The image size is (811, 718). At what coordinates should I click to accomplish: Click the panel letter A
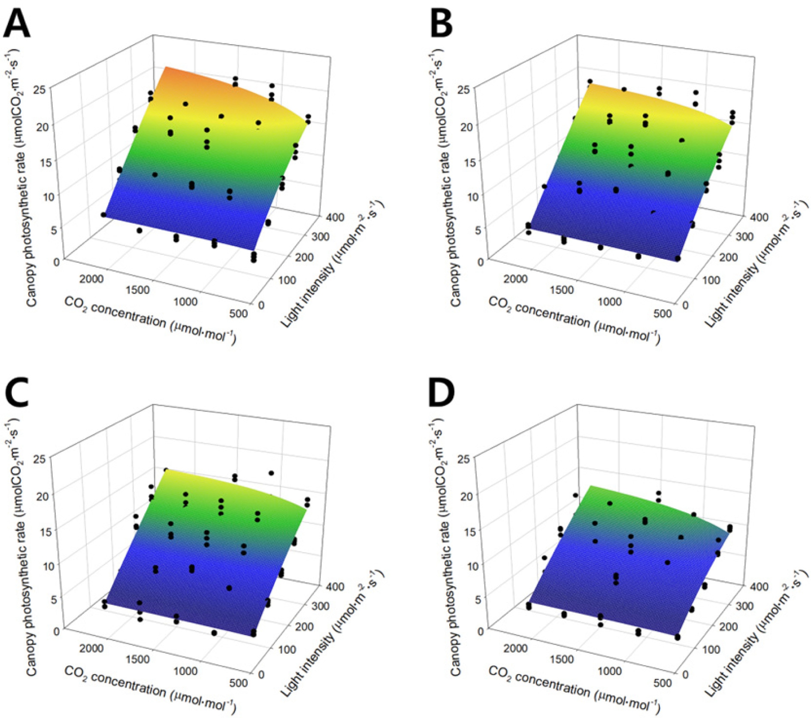pos(17,24)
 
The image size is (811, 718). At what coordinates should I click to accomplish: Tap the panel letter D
pos(442,393)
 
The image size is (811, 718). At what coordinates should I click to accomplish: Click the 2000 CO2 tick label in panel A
pos(91,279)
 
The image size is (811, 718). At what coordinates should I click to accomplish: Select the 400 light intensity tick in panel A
pos(334,217)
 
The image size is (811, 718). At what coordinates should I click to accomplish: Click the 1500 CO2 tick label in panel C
pos(138,659)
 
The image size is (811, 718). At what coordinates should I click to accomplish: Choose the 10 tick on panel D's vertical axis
pos(472,566)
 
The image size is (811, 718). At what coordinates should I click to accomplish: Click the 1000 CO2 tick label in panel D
pos(609,671)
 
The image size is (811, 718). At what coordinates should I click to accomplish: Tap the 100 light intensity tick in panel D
pos(710,649)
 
